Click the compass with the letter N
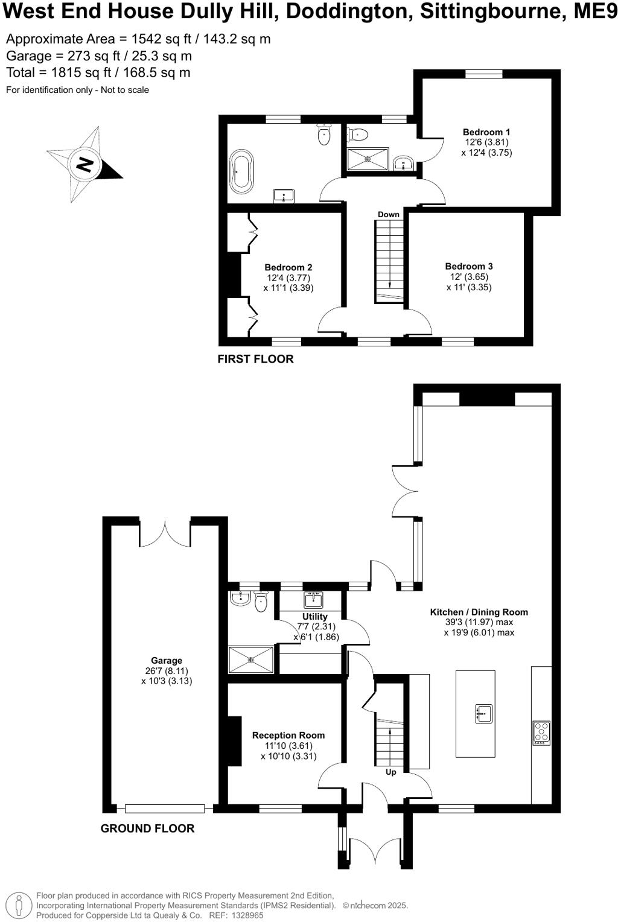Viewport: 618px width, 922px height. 84,164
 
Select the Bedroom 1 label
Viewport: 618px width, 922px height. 486,132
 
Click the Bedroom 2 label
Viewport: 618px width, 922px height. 288,267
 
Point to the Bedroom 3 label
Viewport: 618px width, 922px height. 469,266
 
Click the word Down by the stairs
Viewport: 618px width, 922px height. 389,214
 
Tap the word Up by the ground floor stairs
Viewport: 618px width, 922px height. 391,772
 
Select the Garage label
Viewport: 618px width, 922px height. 167,661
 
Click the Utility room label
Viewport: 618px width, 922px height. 315,617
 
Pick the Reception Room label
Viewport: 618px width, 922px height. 288,735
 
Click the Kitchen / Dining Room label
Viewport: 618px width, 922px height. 479,612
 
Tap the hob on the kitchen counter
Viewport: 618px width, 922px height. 541,733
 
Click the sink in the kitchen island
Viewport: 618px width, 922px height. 483,713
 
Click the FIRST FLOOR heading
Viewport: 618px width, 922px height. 255,359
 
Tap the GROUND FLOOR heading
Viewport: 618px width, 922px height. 147,828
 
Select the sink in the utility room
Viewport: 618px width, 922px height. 313,600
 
